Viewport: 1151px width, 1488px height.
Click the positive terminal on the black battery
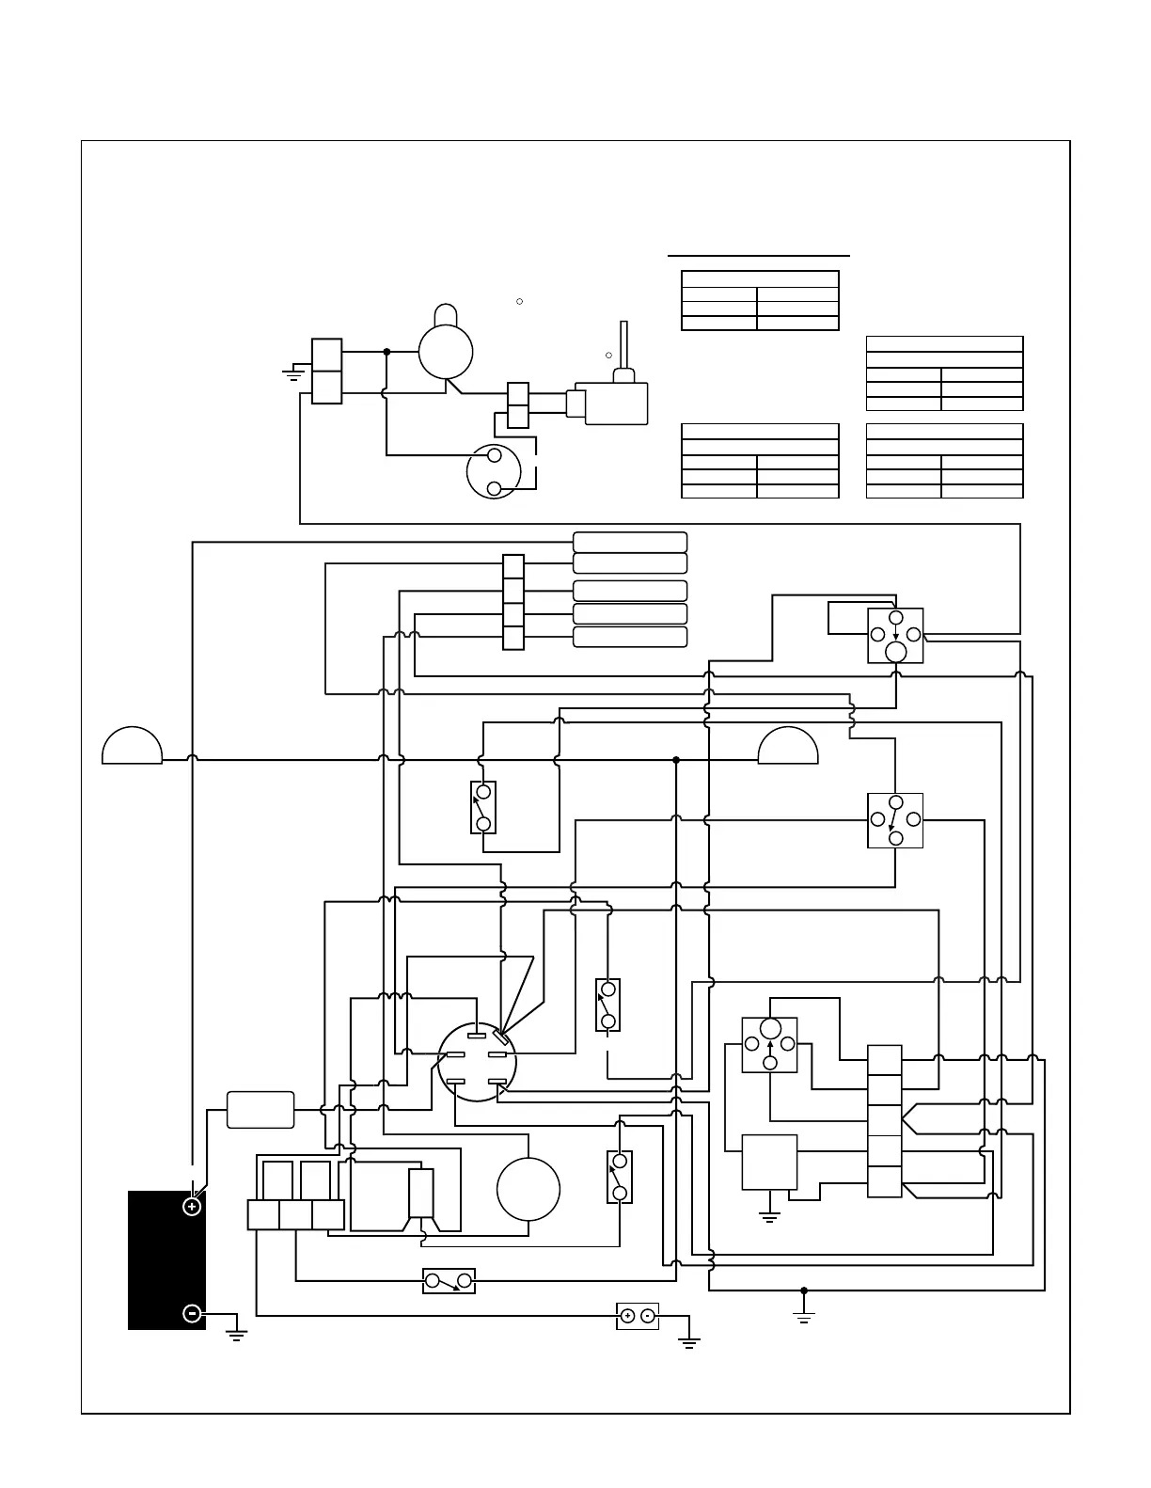pos(192,1206)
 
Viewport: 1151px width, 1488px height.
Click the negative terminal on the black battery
pos(192,1313)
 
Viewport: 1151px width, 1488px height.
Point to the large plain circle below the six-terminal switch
pos(528,1188)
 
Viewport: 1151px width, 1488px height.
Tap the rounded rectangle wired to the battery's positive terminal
pos(260,1110)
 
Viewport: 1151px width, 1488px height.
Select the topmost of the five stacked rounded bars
pos(630,542)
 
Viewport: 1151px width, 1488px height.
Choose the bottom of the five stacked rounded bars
pos(630,637)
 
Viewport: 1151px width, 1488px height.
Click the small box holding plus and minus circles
pos(638,1316)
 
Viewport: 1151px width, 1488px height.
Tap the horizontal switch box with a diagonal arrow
pos(449,1281)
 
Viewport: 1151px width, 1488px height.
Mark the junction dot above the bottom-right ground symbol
pos(804,1290)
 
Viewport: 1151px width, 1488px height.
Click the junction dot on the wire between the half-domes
pos(676,760)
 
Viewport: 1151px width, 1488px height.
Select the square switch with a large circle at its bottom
pos(895,636)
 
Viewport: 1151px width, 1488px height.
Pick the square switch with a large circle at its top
pos(770,1044)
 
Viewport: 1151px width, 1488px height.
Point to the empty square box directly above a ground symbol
pos(770,1162)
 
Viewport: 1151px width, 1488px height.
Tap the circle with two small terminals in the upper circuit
pos(494,472)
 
